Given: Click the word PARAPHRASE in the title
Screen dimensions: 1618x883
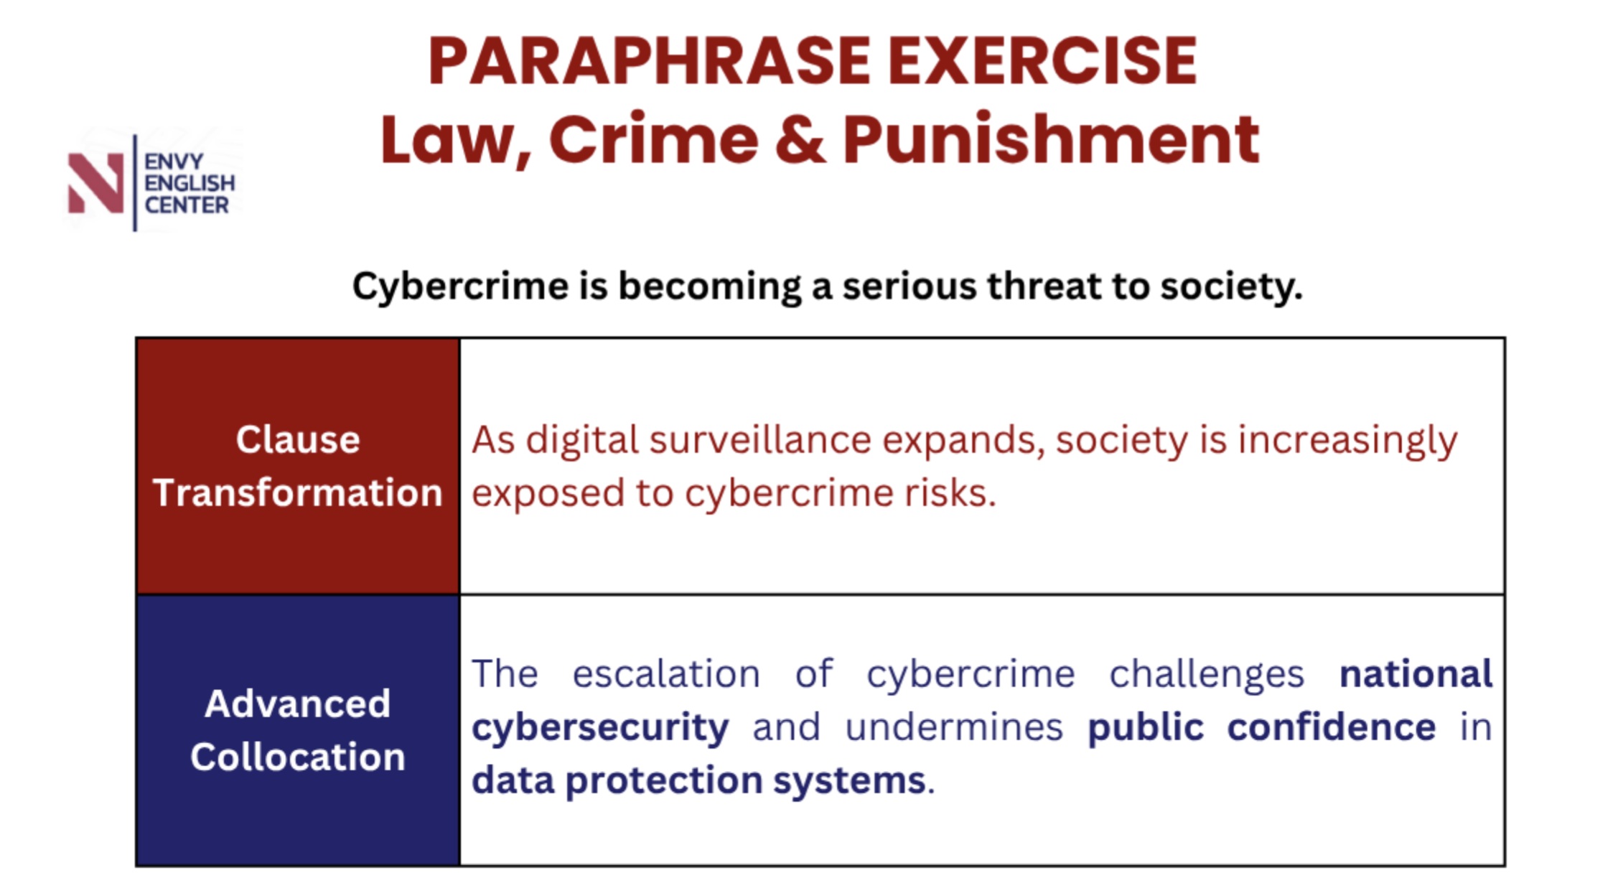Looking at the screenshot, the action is [x=649, y=62].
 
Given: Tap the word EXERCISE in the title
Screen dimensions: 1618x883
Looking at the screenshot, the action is [x=1042, y=62].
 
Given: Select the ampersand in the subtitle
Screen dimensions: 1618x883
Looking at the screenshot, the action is [x=799, y=139].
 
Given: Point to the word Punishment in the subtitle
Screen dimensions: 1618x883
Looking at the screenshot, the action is [x=1051, y=139].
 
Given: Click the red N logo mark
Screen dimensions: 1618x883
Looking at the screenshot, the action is [x=95, y=184].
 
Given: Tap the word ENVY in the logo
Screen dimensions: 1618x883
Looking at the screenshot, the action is [x=174, y=162].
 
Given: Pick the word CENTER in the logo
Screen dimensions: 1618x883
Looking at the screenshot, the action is [x=187, y=205].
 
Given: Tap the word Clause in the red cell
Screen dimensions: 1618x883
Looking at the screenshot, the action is [x=298, y=439].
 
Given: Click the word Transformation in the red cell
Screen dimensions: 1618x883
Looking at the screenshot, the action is [x=298, y=493].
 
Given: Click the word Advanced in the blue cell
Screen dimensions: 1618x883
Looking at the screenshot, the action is [x=298, y=704].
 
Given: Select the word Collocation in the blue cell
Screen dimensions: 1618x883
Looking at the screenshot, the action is [x=298, y=757].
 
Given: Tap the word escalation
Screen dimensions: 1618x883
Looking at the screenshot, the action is [x=666, y=674].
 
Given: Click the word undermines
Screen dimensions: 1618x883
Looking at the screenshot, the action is [x=954, y=727].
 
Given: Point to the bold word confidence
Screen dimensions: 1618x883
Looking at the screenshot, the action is [x=1332, y=727].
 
